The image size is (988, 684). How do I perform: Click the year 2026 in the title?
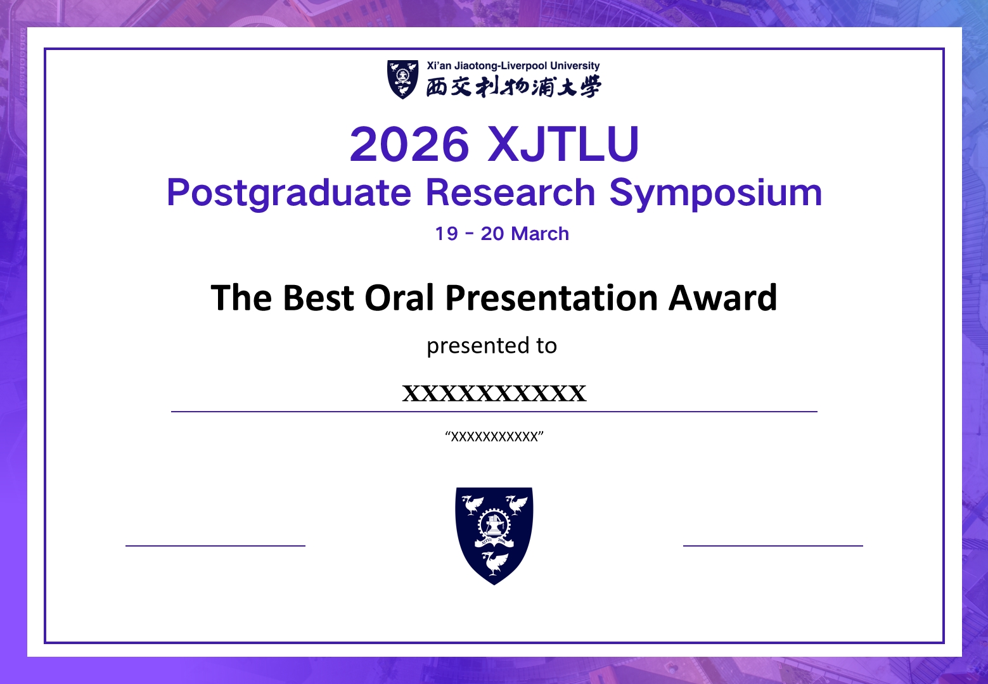point(409,144)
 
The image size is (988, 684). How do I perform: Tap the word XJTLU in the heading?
point(563,144)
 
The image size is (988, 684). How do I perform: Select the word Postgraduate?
point(289,193)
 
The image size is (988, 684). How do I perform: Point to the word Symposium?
point(715,193)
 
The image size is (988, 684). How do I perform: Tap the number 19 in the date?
point(446,234)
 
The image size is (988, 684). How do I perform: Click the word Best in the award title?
point(318,298)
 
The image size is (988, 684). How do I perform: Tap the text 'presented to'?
point(492,346)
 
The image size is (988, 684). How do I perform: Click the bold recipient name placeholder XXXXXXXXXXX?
point(494,393)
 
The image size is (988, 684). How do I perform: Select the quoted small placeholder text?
point(494,436)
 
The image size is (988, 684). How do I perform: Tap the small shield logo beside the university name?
point(402,79)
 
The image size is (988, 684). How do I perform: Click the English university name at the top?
point(513,66)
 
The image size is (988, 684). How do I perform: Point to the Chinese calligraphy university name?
point(513,87)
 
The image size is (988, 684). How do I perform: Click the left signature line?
point(215,545)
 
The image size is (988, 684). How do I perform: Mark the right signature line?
point(773,545)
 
